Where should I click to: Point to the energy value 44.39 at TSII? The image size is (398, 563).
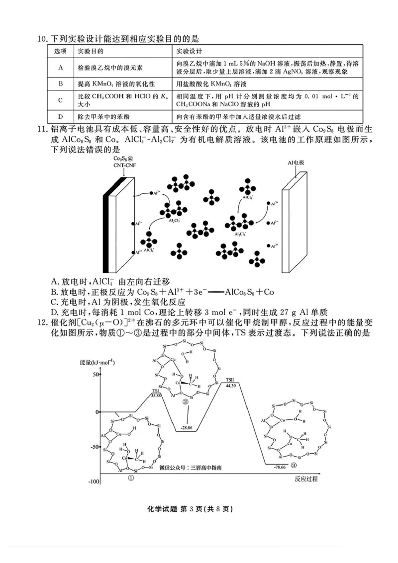point(230,385)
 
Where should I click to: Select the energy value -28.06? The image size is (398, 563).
point(188,427)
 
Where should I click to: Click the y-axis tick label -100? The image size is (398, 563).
point(94,482)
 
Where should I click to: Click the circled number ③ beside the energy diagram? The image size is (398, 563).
point(294,466)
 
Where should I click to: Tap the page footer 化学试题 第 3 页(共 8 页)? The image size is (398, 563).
point(199,509)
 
